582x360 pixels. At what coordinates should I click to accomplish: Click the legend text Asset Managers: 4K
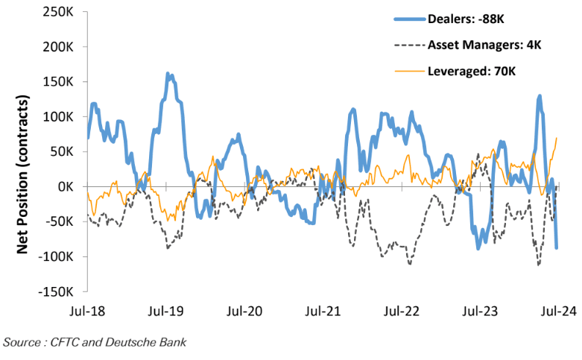click(x=484, y=45)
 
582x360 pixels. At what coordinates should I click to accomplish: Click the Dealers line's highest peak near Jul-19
click(x=169, y=75)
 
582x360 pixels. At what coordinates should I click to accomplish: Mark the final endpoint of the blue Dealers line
click(x=557, y=247)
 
